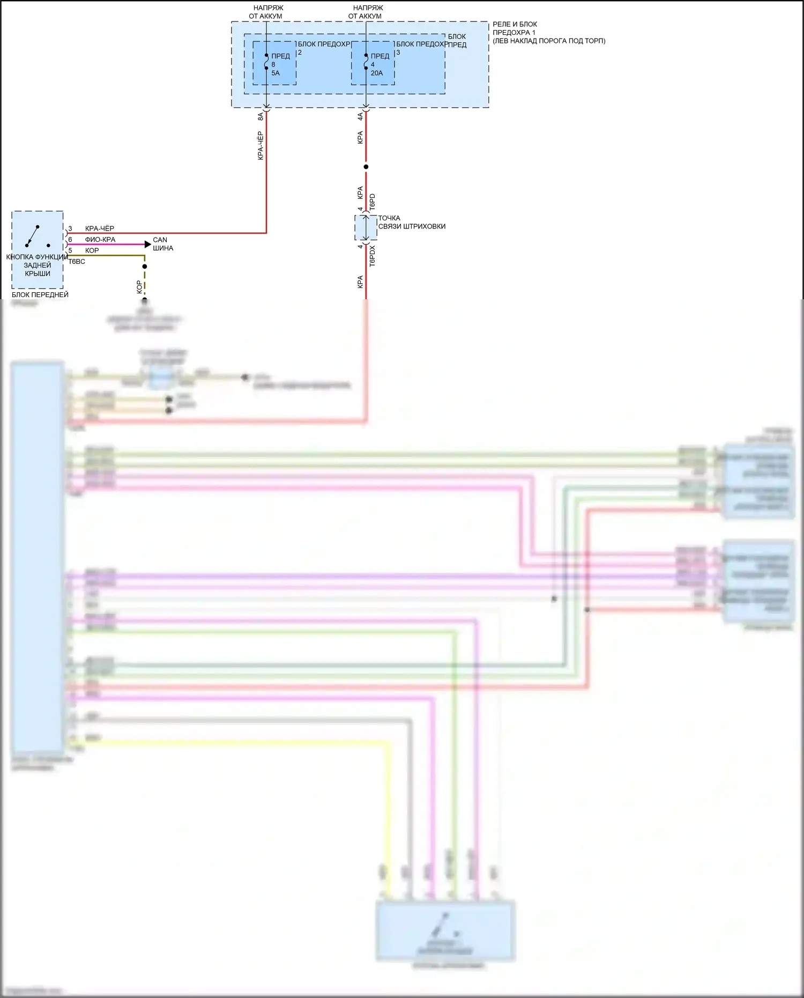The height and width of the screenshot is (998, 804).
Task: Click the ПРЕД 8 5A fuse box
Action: [274, 63]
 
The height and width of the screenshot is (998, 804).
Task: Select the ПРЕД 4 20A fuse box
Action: [373, 63]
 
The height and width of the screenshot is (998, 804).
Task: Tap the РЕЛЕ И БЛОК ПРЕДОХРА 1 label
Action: [548, 32]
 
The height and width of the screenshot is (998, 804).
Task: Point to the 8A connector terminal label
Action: [260, 116]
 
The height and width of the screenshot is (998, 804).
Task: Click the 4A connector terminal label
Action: [360, 116]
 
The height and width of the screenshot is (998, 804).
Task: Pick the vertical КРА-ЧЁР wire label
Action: [260, 145]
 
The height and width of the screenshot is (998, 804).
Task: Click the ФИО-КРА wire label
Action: [100, 240]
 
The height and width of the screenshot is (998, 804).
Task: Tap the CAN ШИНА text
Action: [163, 244]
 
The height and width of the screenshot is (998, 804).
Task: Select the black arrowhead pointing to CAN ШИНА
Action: [148, 245]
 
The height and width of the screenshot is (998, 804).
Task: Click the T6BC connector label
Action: [77, 262]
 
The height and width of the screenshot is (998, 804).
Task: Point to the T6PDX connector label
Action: [373, 256]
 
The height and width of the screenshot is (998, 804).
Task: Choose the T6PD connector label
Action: [373, 202]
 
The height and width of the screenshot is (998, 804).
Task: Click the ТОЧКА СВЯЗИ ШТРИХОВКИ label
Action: [412, 222]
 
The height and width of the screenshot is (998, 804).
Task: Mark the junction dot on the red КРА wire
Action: [366, 167]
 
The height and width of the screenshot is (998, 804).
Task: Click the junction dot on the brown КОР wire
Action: [145, 267]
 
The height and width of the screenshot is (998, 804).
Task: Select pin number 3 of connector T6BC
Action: [70, 228]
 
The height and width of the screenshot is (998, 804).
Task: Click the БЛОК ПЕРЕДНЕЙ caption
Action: [40, 294]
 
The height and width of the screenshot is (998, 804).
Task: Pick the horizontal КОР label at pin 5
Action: [92, 250]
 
